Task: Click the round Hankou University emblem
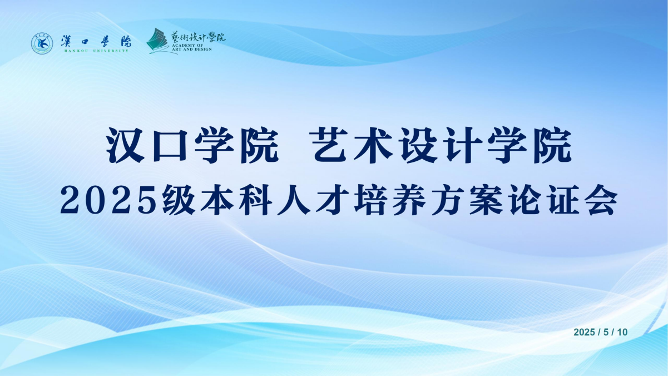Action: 42,43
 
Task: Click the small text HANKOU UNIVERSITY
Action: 96,51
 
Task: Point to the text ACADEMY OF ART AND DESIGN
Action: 192,47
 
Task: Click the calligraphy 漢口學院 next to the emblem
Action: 96,41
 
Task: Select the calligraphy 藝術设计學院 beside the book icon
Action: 198,37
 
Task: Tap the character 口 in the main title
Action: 170,146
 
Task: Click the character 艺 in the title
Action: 329,145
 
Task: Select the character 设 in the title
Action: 418,145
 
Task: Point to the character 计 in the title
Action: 463,145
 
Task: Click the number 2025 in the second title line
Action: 108,200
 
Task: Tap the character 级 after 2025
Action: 179,200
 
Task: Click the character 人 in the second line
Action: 294,200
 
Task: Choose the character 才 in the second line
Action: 332,200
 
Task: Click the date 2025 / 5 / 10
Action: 600,332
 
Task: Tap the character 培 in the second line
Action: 370,200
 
